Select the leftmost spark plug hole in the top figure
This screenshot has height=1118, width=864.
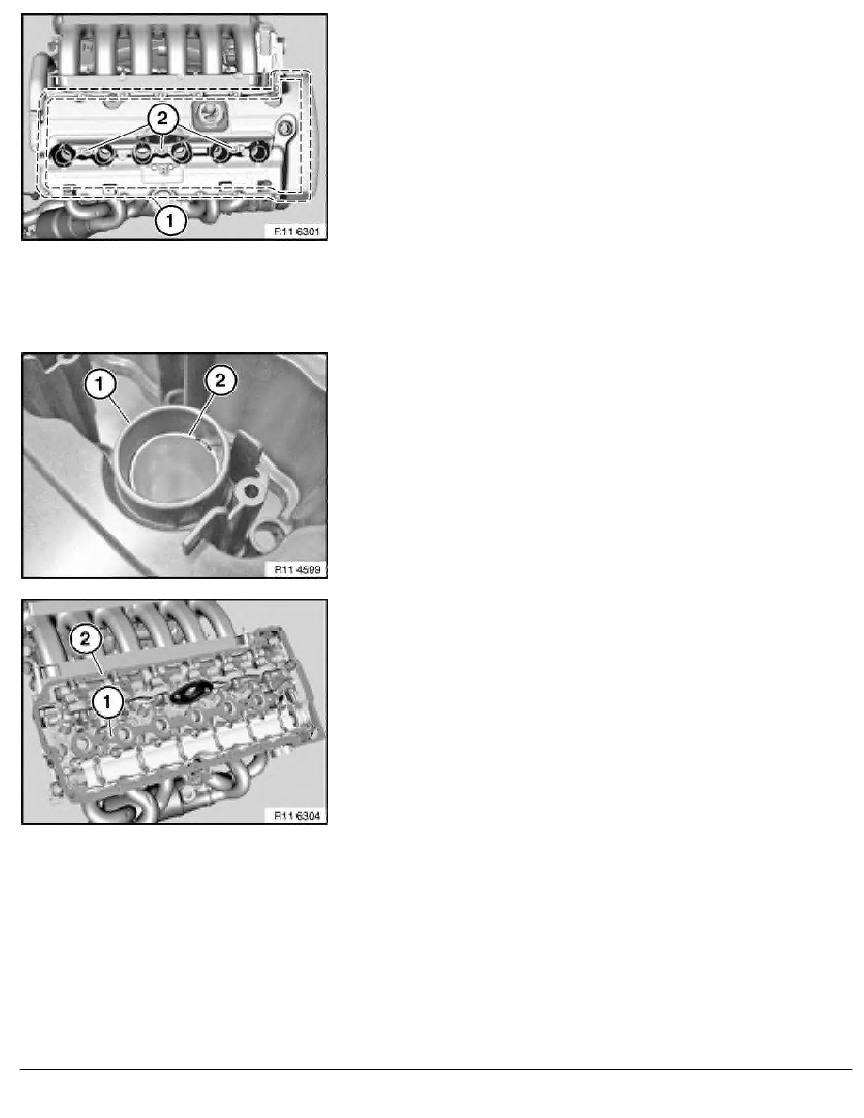click(68, 152)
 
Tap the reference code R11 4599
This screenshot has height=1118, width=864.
click(296, 568)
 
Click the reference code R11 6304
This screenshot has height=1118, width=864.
click(296, 815)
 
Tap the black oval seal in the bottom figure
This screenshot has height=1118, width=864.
click(189, 694)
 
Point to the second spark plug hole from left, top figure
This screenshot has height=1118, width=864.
click(104, 152)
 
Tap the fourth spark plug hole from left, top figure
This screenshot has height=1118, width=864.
click(179, 152)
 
